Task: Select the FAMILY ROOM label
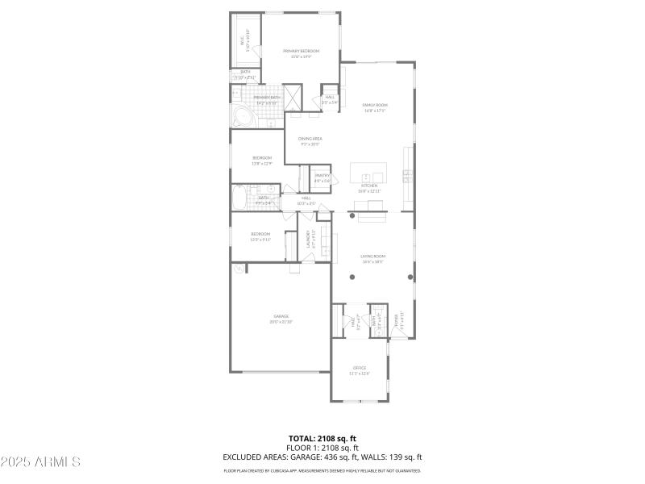375,105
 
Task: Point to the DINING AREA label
310,140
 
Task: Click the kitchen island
368,172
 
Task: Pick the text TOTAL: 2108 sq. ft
322,438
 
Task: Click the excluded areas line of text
322,457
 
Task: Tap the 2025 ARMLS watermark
40,462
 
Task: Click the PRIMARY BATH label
267,98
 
